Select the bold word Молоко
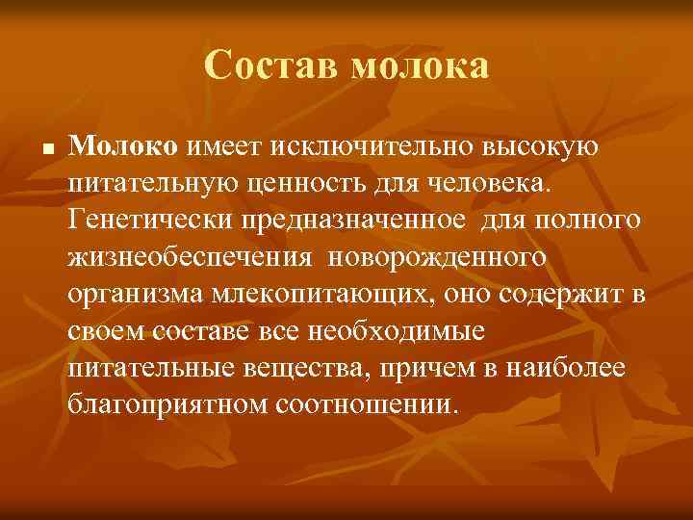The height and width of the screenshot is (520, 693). [x=123, y=146]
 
